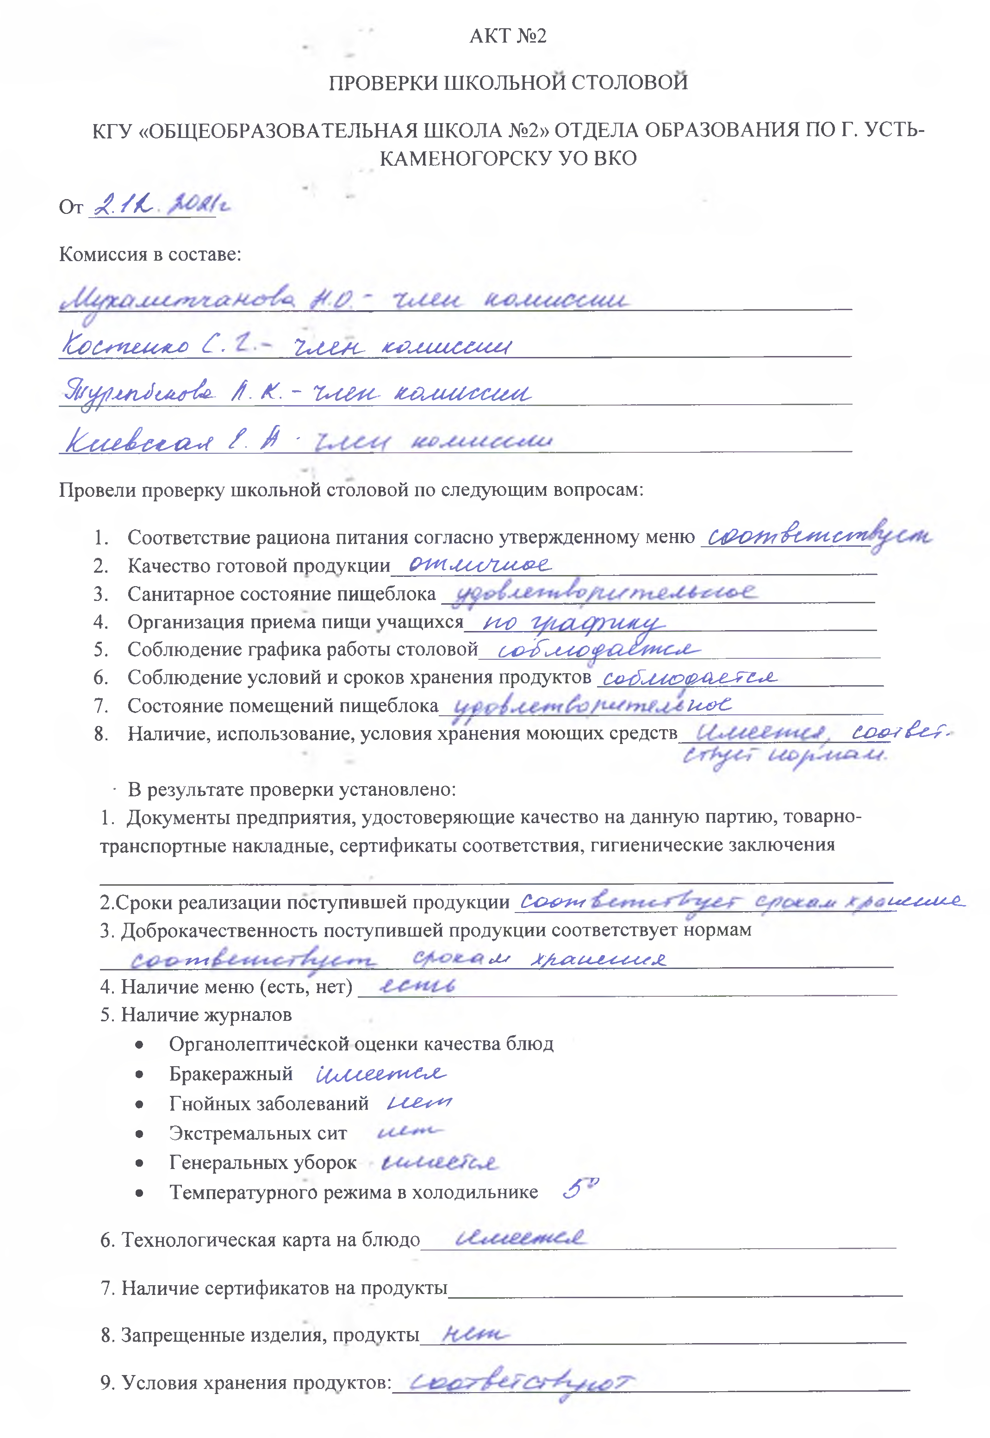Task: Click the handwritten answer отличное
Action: pos(479,564)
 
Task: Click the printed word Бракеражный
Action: pos(231,1074)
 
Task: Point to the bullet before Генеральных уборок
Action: pos(140,1163)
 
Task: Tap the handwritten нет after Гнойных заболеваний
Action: pos(419,1102)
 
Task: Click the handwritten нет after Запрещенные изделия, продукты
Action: pos(474,1334)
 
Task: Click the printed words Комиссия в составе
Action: pos(150,254)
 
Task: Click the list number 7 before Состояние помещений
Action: pos(100,706)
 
